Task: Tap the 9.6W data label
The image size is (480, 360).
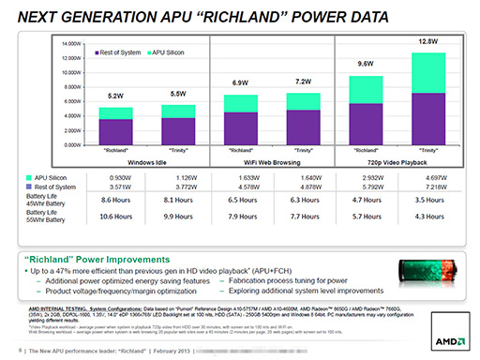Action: (x=366, y=63)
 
